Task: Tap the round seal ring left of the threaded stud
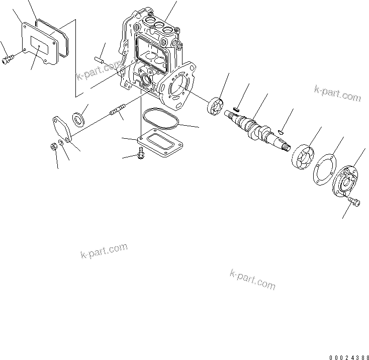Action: click(79, 119)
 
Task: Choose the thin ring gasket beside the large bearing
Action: click(322, 169)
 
